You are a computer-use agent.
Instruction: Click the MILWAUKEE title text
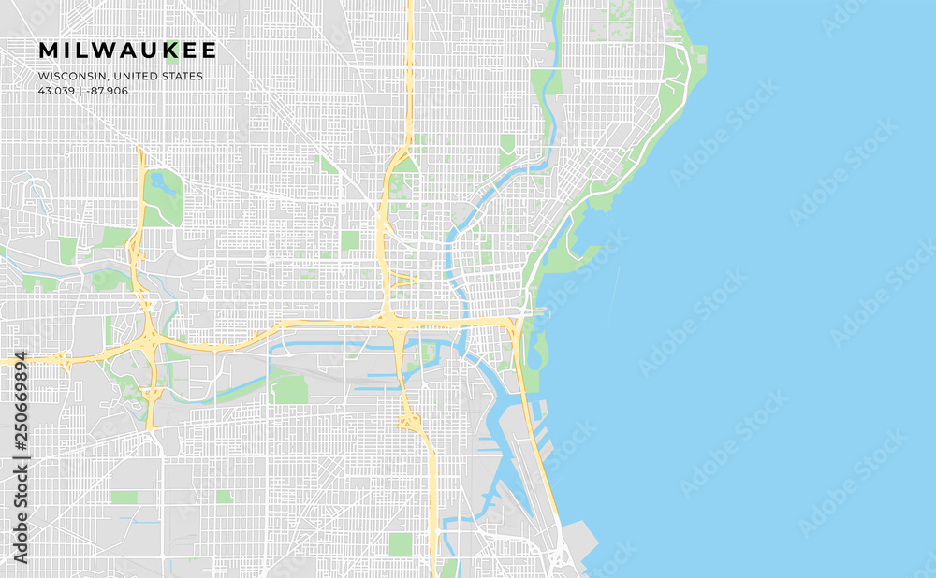pyautogui.click(x=127, y=51)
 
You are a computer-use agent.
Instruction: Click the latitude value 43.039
pyautogui.click(x=56, y=91)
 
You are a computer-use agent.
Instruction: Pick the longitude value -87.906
pyautogui.click(x=108, y=91)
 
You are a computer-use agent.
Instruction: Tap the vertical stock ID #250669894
pyautogui.click(x=21, y=457)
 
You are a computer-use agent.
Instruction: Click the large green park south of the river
pyautogui.click(x=290, y=388)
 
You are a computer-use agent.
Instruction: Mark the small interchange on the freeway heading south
pyautogui.click(x=409, y=422)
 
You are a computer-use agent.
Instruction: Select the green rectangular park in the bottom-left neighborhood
pyautogui.click(x=124, y=498)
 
